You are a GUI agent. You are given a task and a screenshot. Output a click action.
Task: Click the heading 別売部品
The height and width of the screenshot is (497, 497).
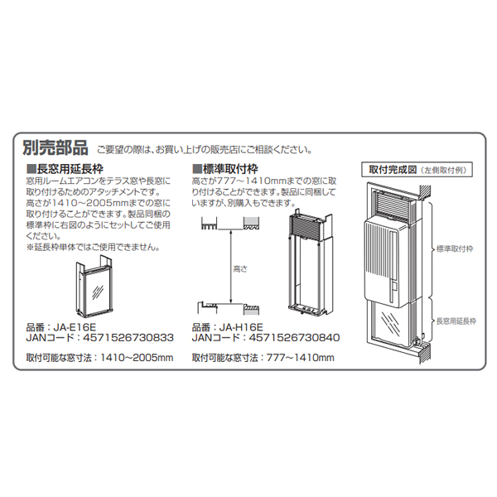point(55,148)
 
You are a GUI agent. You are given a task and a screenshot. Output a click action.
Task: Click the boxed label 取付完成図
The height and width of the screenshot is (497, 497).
point(390,168)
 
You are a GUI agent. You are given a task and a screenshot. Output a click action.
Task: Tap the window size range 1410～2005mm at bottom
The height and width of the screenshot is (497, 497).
point(137,358)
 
